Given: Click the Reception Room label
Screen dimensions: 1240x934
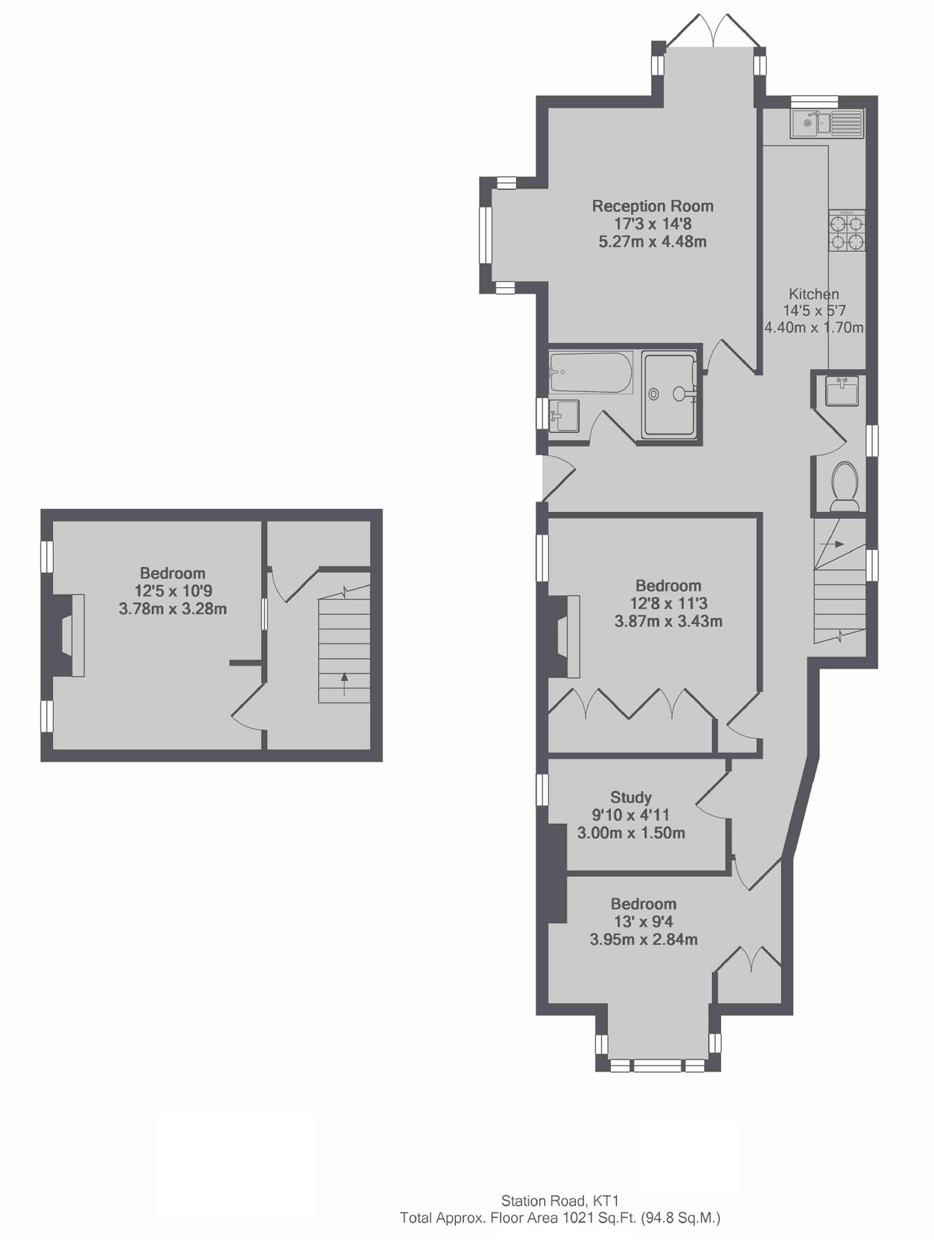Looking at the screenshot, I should (652, 206).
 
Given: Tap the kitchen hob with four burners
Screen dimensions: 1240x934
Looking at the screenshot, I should (847, 231).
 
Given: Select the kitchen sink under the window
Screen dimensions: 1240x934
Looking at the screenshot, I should (826, 124).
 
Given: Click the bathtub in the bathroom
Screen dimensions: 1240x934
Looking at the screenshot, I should (590, 373).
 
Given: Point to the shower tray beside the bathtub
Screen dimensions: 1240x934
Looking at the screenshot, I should (669, 395).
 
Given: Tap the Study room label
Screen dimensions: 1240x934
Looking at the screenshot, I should (630, 797).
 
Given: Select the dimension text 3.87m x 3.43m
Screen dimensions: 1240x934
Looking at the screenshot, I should (668, 621).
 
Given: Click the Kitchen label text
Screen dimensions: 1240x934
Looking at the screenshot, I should (813, 294).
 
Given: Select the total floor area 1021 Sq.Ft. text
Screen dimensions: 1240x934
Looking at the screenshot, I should (560, 1218).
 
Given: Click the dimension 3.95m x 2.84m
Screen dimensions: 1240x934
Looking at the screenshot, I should (643, 939).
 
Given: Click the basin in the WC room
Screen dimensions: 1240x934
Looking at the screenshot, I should (841, 391).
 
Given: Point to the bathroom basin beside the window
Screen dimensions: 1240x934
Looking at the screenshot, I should (564, 416).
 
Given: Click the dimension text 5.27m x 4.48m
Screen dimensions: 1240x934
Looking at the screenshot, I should (652, 242).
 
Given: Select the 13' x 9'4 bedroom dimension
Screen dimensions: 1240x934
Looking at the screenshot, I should (643, 922).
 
